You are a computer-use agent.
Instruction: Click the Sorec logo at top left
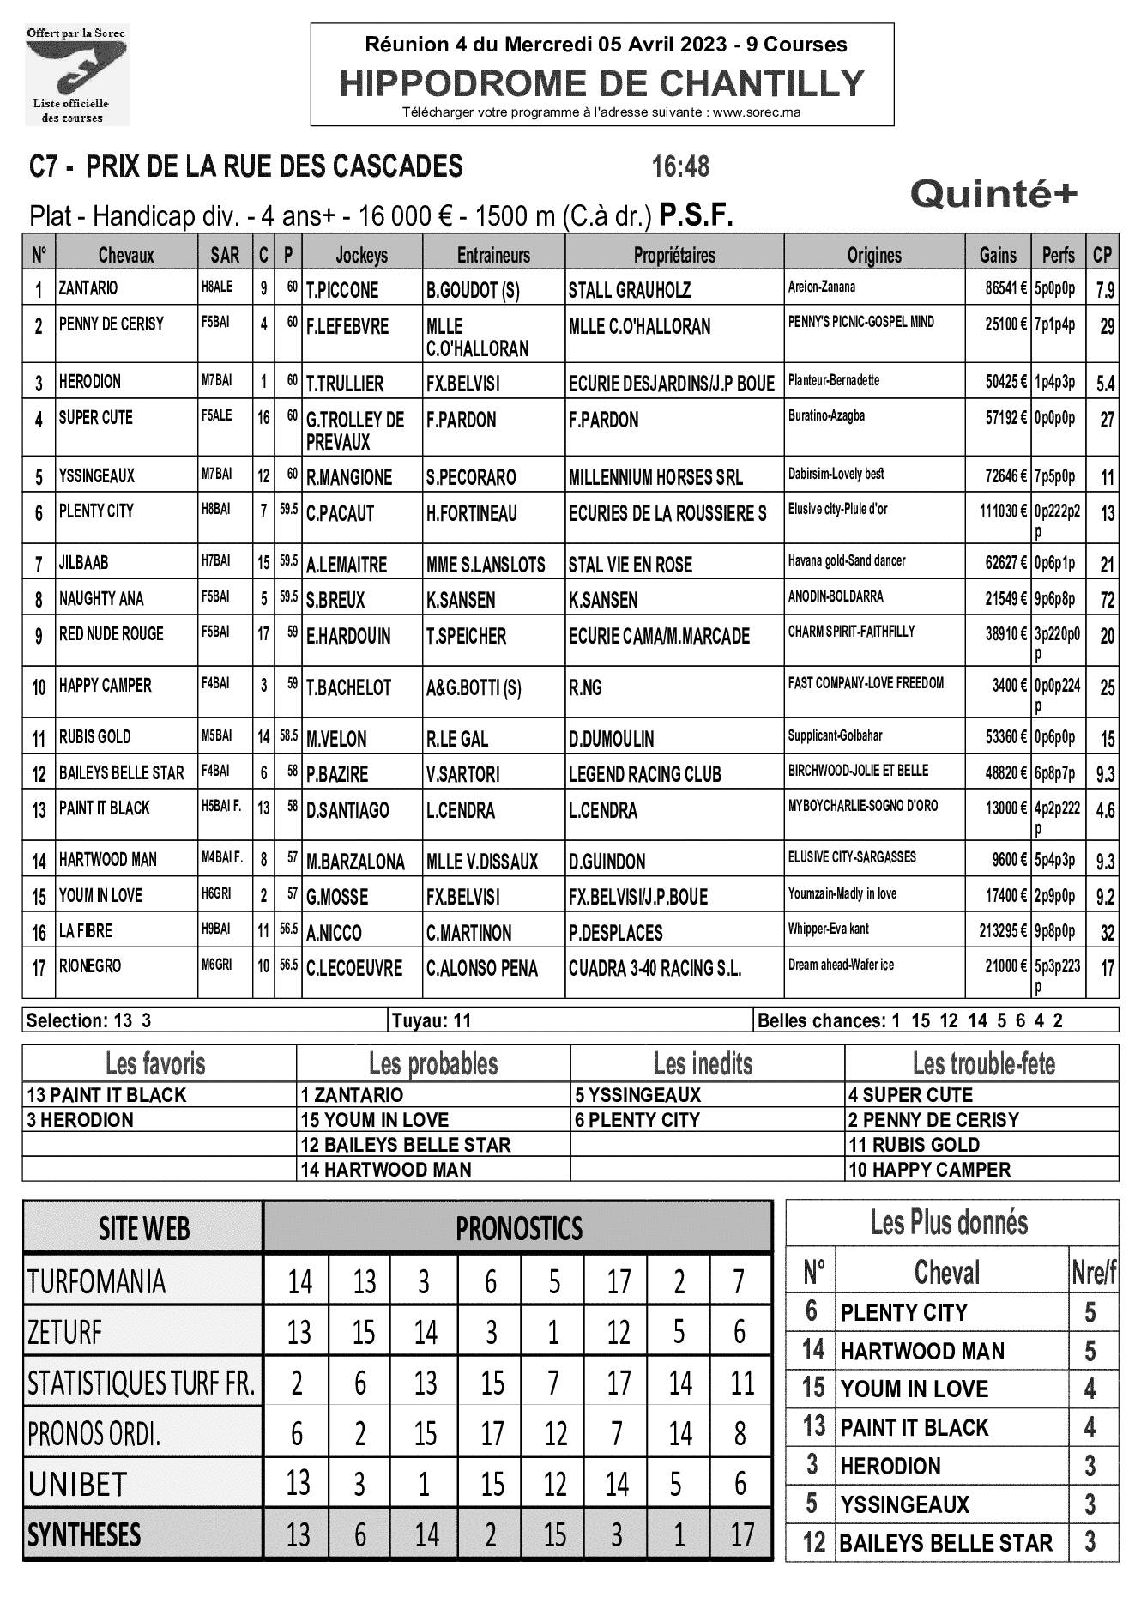(75, 74)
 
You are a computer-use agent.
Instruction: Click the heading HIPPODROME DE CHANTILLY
(602, 83)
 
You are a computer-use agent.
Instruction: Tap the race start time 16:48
(680, 166)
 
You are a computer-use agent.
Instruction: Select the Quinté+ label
(993, 195)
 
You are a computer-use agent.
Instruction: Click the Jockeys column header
(361, 255)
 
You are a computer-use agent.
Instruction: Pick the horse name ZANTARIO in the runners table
(88, 288)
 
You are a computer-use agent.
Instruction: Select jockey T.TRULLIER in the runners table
(345, 384)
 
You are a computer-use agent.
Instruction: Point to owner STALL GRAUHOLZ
(629, 290)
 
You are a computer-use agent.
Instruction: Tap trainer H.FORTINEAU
(471, 513)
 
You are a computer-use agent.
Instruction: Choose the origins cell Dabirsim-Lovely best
(836, 474)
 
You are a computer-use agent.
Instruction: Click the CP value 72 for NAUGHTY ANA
(1107, 599)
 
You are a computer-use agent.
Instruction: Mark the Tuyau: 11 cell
(432, 1020)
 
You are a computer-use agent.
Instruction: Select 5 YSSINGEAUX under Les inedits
(638, 1095)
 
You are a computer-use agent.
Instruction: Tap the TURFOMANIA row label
(96, 1281)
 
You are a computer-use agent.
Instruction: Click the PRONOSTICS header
(518, 1228)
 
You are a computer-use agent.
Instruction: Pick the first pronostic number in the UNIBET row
(298, 1483)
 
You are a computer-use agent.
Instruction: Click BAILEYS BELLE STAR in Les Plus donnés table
(945, 1543)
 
